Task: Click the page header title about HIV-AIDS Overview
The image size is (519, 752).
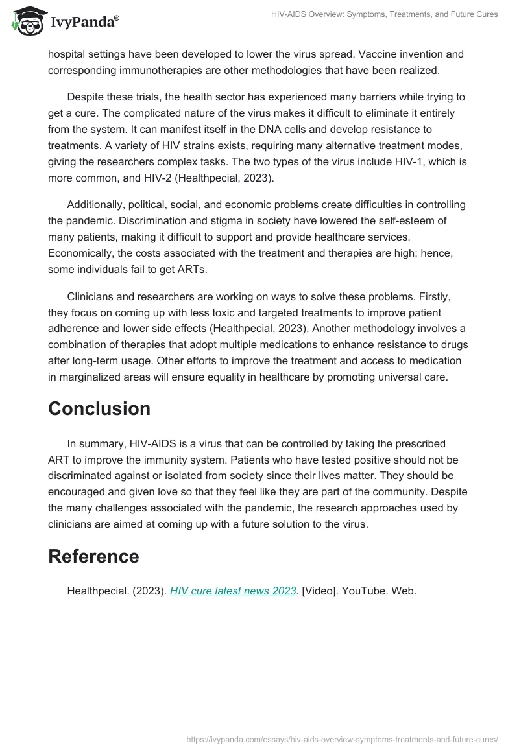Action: tap(384, 14)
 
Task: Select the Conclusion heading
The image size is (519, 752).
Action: tap(99, 408)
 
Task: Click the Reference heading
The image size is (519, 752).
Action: tap(93, 556)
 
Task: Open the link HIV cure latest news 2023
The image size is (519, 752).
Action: tap(233, 591)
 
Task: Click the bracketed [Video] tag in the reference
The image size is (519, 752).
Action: tap(319, 591)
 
